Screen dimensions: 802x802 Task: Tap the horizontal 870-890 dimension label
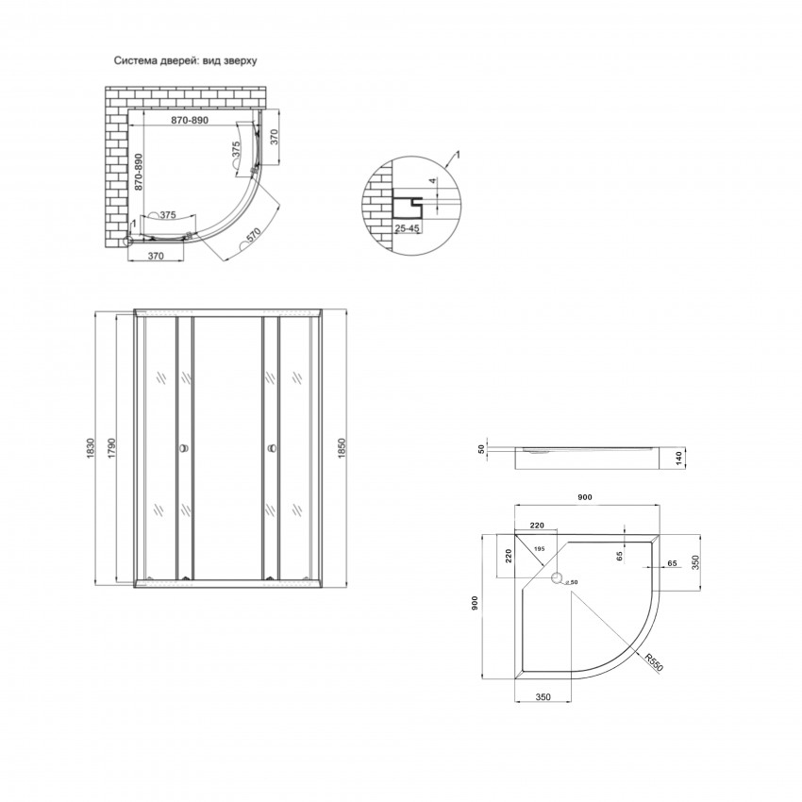coord(185,122)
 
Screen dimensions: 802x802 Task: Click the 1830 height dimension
coord(92,447)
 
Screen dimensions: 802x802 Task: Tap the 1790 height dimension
coord(111,447)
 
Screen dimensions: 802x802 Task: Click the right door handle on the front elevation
coord(271,448)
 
